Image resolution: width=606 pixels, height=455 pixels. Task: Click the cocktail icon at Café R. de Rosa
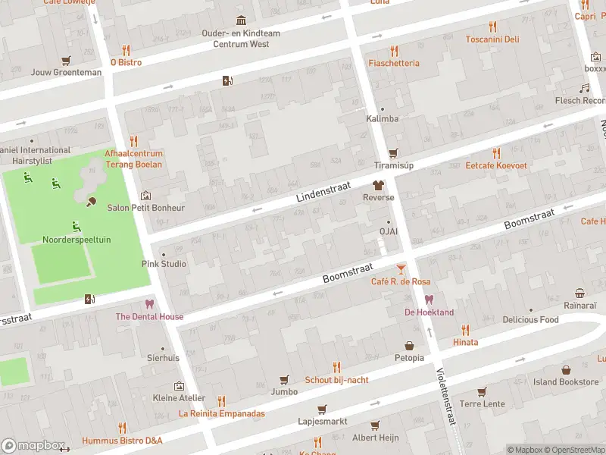pos(401,269)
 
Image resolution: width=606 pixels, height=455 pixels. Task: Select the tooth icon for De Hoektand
pos(429,300)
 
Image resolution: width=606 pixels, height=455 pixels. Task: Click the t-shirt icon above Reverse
pos(378,185)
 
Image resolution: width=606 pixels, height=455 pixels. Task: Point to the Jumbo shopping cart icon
pos(285,380)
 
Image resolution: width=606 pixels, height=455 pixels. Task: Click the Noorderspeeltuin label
pos(76,240)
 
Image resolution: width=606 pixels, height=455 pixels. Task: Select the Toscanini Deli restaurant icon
pos(492,27)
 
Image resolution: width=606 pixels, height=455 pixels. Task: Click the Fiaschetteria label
pos(393,63)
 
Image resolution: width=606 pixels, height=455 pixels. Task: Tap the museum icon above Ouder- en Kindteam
pos(241,20)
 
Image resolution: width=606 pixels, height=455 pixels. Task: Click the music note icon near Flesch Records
pos(584,88)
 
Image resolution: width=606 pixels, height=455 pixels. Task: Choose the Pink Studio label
pos(164,264)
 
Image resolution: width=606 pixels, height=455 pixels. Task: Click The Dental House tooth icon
pos(149,304)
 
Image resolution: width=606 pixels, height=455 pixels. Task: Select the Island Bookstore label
pos(565,381)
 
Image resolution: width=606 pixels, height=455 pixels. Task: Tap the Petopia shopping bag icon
pos(409,345)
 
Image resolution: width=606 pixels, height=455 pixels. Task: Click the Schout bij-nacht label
pos(336,379)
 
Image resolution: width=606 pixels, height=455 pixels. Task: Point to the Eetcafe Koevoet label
pos(496,165)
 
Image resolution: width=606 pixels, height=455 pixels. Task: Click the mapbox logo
pos(32,446)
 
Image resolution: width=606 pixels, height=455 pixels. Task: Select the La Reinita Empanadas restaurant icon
pos(221,401)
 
